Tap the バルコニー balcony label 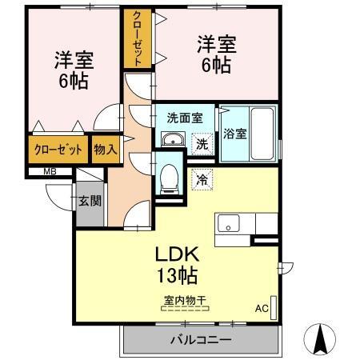[201, 339]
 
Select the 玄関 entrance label [89, 201]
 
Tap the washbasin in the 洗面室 [171, 141]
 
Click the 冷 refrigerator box [203, 179]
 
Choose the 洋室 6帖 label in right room [216, 54]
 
